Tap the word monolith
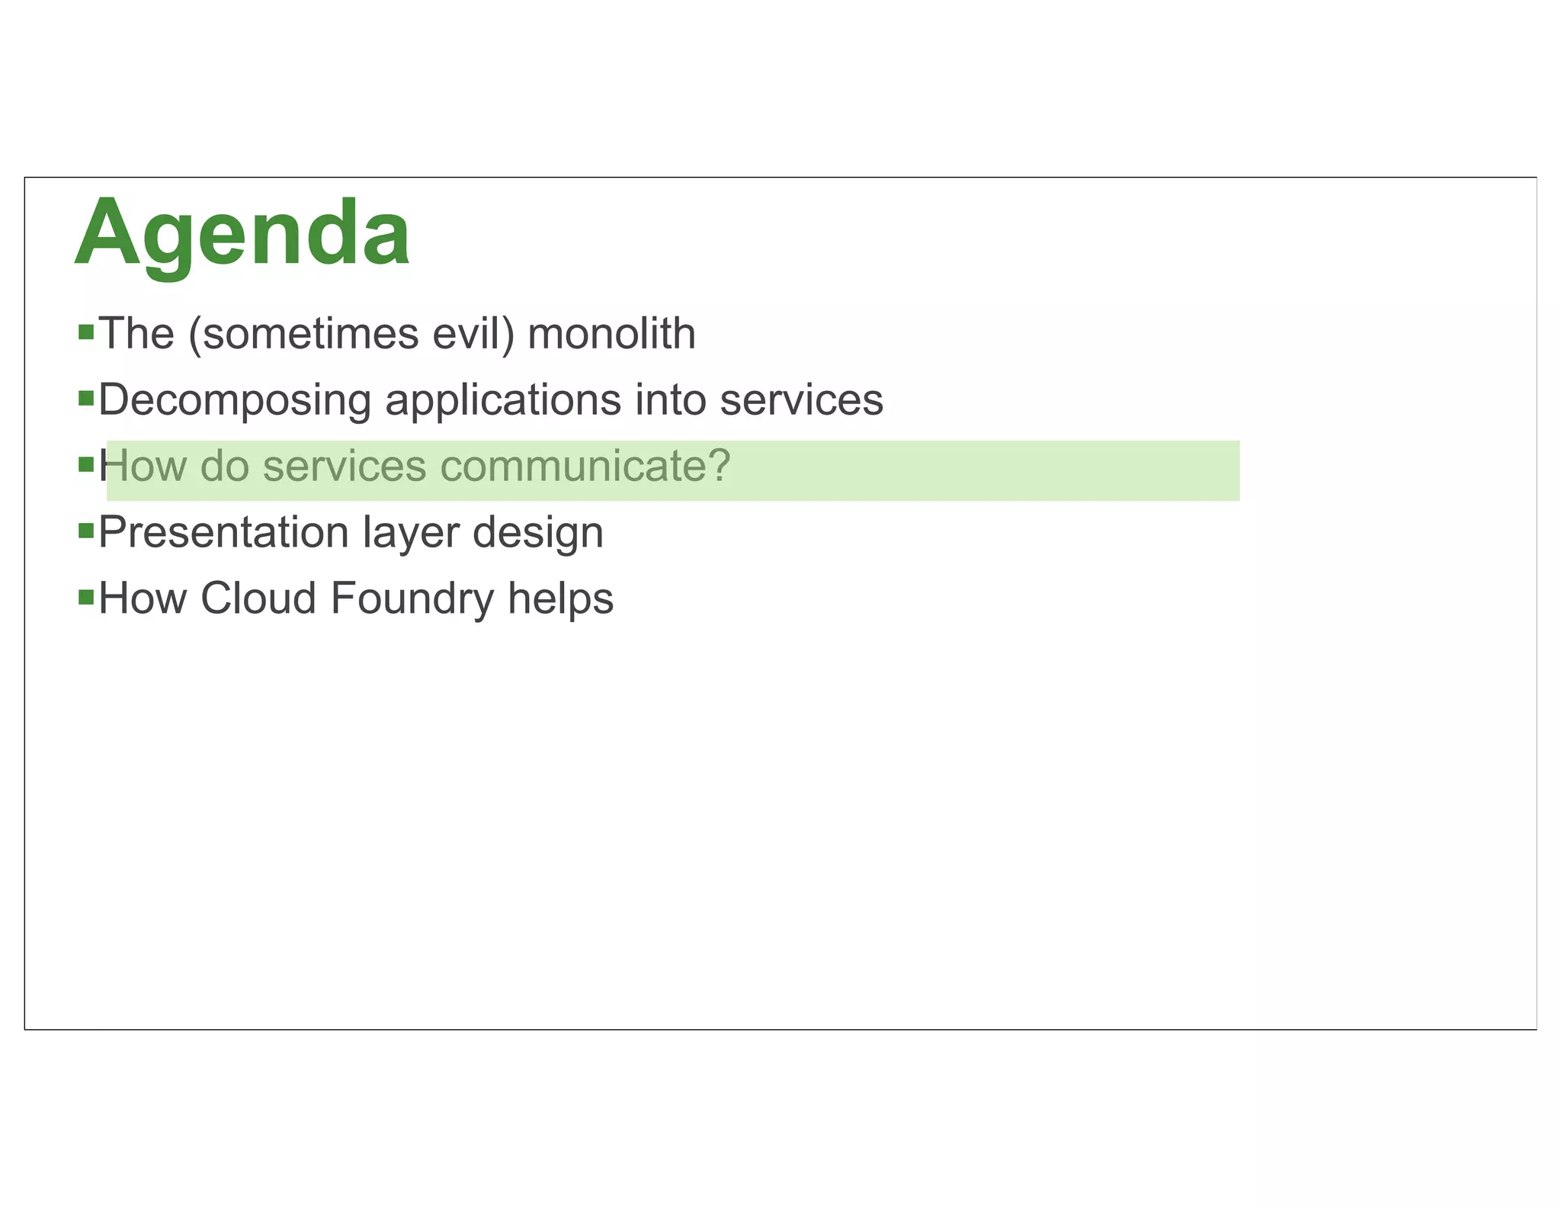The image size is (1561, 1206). click(611, 334)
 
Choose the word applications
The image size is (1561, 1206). click(503, 399)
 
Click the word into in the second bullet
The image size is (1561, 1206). click(670, 399)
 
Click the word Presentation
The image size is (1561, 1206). click(223, 532)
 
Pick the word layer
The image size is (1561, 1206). click(411, 534)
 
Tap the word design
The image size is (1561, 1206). click(538, 534)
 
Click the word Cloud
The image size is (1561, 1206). click(258, 598)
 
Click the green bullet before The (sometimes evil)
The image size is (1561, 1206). click(86, 332)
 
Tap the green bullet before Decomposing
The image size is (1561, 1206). click(86, 398)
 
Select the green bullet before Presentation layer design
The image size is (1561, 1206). click(86, 530)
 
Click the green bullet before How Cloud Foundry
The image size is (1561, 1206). click(86, 596)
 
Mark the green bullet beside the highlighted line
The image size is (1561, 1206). click(86, 464)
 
